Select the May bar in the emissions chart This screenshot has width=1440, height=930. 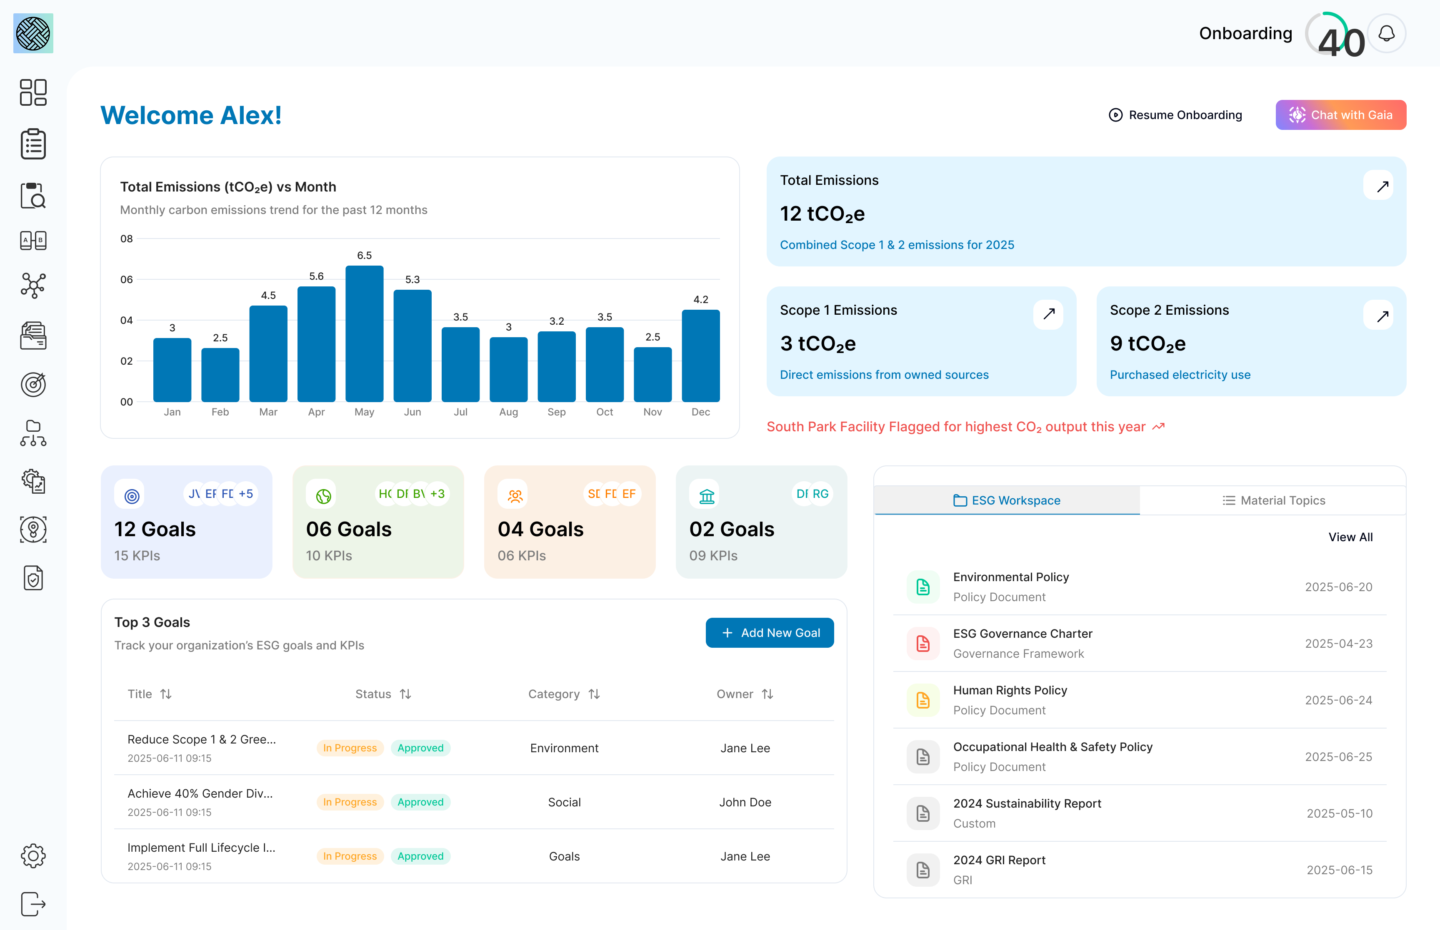point(365,334)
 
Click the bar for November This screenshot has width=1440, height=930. point(652,374)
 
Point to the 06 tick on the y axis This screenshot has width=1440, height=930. point(126,280)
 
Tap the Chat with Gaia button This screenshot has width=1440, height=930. point(1340,115)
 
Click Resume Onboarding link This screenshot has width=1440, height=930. point(1175,115)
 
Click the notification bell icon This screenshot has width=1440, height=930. point(1386,33)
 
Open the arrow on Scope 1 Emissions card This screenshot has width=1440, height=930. point(1048,314)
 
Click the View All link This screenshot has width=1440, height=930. point(1350,537)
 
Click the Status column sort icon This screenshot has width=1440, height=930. point(405,694)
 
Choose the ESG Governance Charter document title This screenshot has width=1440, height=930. point(1022,634)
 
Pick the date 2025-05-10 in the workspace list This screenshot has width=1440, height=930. point(1339,813)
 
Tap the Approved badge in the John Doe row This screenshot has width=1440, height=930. point(420,802)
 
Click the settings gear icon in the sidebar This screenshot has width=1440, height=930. point(33,856)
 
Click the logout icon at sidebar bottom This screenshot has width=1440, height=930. point(33,904)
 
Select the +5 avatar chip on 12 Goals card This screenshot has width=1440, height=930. point(246,494)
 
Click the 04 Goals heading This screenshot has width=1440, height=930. point(540,529)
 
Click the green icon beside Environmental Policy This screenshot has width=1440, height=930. point(923,587)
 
